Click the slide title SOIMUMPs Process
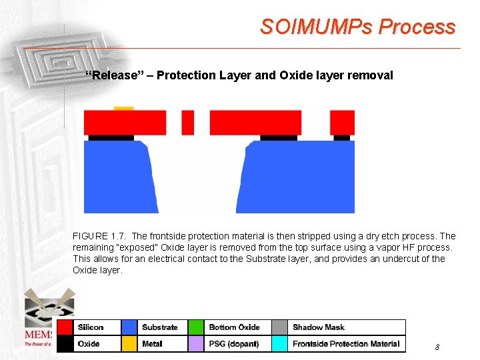click(x=358, y=27)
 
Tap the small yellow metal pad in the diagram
click(x=123, y=108)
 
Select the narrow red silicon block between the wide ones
click(x=188, y=123)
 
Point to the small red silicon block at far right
click(x=342, y=123)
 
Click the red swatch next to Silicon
click(x=65, y=327)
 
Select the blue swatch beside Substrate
click(x=130, y=327)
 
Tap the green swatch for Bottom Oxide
click(x=196, y=327)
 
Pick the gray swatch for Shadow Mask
click(x=280, y=327)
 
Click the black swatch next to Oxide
click(x=65, y=344)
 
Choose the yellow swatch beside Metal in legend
click(x=130, y=344)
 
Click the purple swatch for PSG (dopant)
click(x=196, y=344)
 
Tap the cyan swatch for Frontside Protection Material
click(x=280, y=344)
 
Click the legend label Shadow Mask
click(x=319, y=327)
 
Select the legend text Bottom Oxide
click(x=234, y=327)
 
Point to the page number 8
click(x=437, y=347)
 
